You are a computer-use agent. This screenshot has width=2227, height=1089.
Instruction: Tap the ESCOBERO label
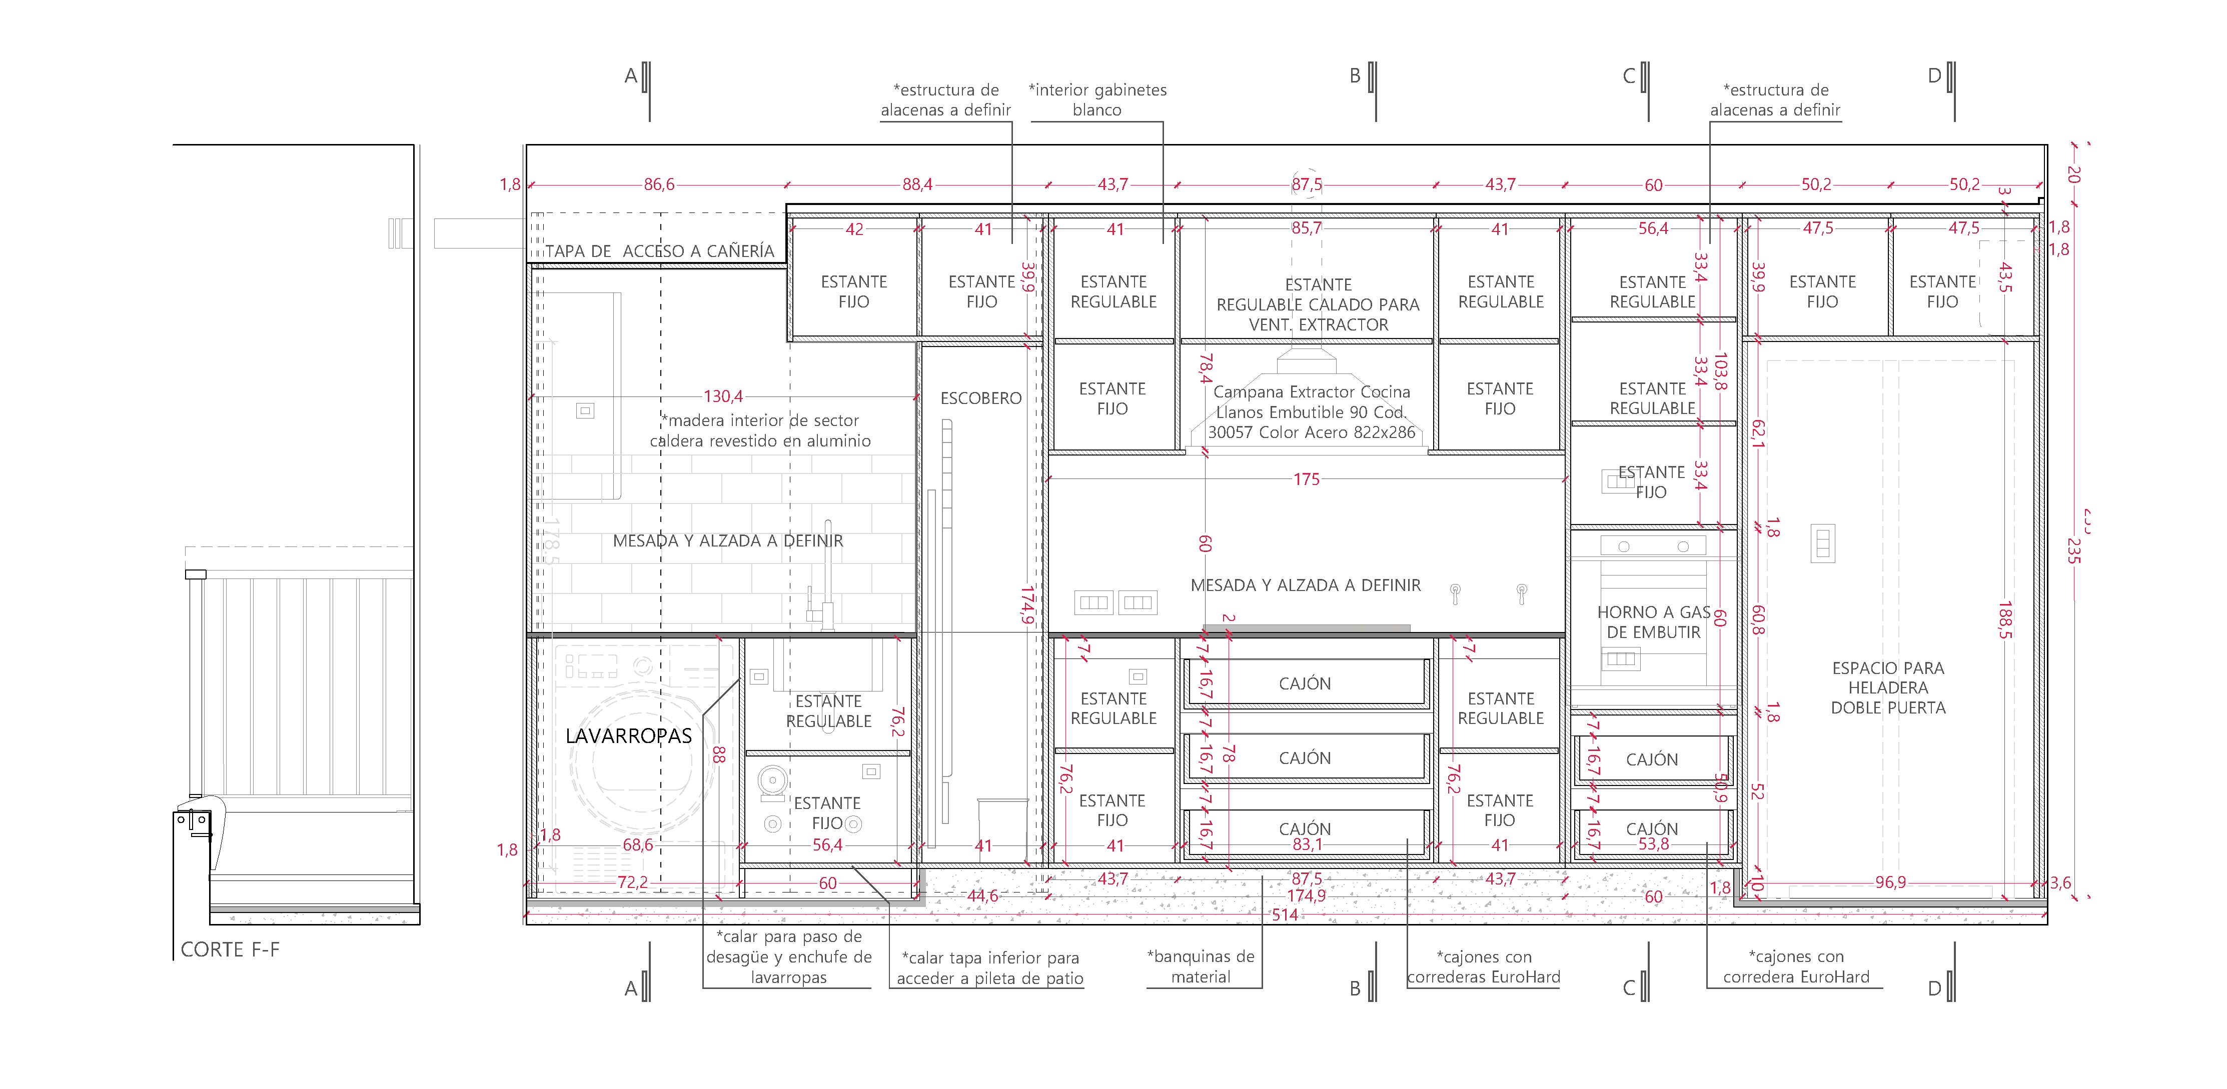pyautogui.click(x=980, y=398)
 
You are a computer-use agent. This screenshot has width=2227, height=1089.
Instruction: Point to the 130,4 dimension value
pyautogui.click(x=723, y=396)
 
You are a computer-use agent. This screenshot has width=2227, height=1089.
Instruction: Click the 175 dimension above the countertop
pyautogui.click(x=1306, y=479)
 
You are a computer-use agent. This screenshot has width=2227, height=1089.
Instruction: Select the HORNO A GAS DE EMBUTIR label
pyautogui.click(x=1653, y=622)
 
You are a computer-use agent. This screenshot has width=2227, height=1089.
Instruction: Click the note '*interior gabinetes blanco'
pyautogui.click(x=1097, y=99)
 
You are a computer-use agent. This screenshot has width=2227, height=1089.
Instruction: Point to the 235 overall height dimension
pyautogui.click(x=2072, y=550)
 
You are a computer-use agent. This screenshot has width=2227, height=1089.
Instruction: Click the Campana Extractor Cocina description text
pyautogui.click(x=1312, y=412)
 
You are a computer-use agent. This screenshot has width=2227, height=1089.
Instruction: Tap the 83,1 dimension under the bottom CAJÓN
pyautogui.click(x=1306, y=844)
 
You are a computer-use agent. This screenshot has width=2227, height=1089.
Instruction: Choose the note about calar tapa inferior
pyautogui.click(x=990, y=968)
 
